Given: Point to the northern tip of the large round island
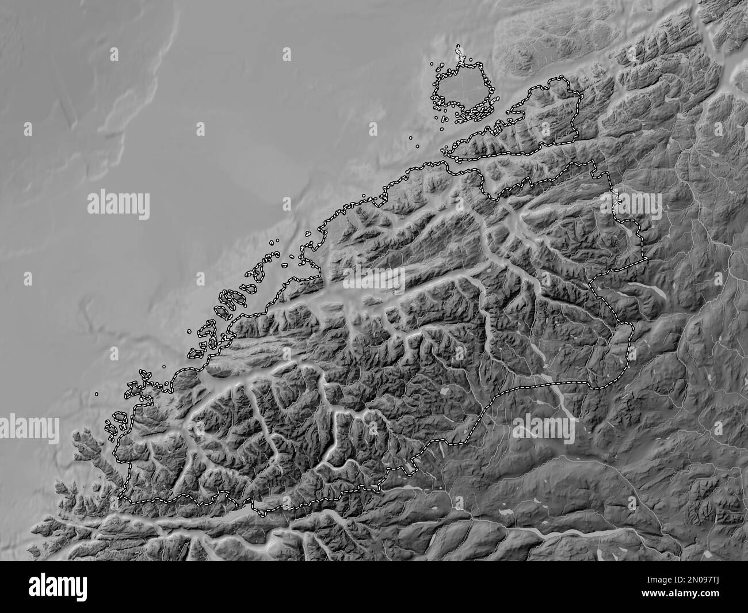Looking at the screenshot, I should pos(459,48).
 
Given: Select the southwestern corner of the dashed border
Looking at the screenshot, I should pos(121,498).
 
